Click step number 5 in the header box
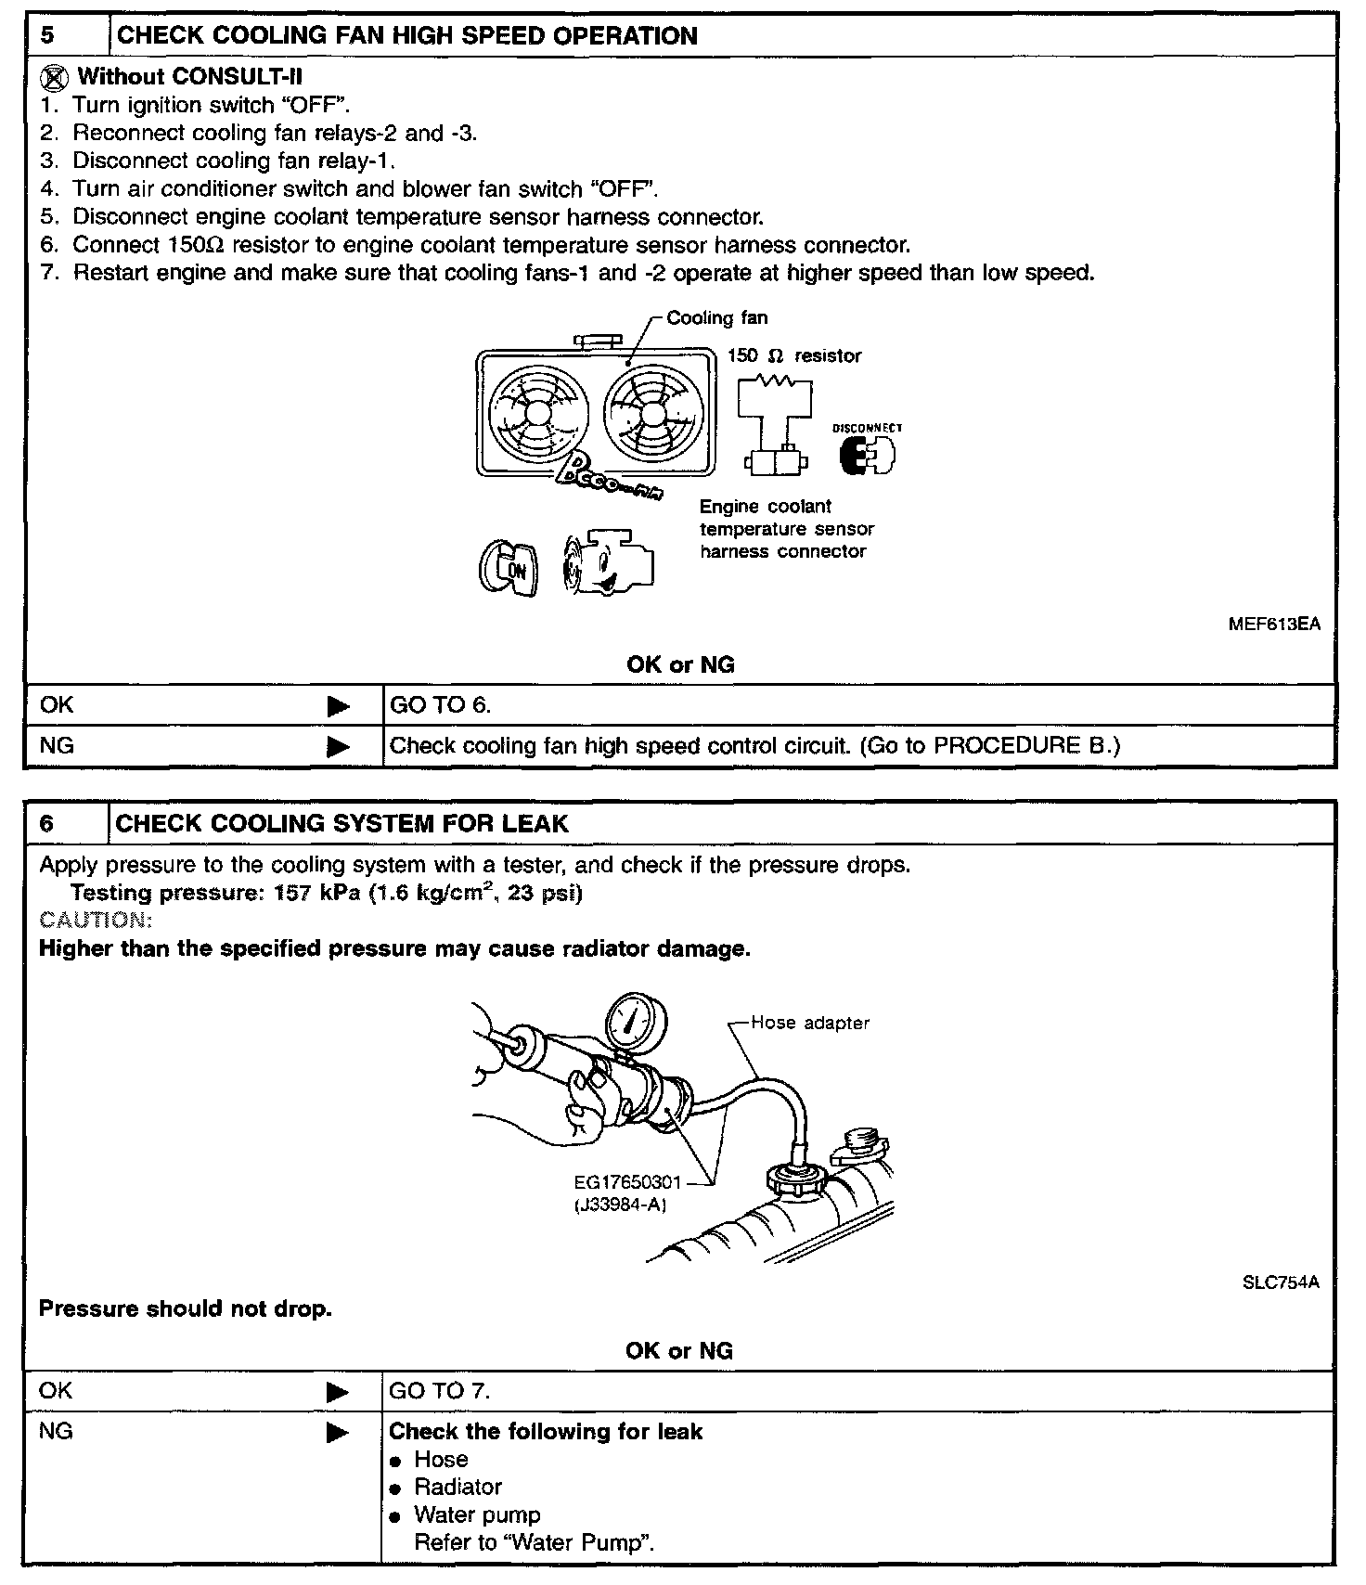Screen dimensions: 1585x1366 [48, 36]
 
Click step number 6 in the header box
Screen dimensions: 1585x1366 [47, 824]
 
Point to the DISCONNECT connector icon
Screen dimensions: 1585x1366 [867, 454]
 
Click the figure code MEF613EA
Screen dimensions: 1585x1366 [1273, 624]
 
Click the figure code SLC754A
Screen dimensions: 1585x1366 [1280, 1282]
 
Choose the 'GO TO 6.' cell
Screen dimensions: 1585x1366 [441, 705]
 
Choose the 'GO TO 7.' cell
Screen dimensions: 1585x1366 [440, 1391]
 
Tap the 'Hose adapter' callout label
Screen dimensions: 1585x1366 [809, 1023]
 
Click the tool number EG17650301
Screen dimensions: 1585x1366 [627, 1182]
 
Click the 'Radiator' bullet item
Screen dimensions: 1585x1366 [457, 1487]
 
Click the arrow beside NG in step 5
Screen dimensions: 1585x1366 [339, 746]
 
